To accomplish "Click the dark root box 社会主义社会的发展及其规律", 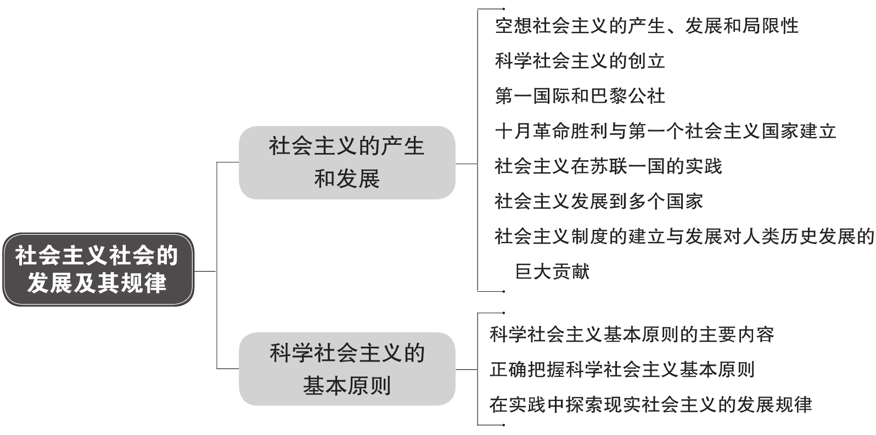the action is point(98,269).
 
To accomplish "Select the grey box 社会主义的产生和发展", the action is point(347,162).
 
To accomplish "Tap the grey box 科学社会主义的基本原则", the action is point(347,369).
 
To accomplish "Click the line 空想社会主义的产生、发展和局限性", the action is point(647,26).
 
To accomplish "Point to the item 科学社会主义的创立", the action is point(580,61).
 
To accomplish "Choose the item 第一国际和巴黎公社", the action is point(580,96).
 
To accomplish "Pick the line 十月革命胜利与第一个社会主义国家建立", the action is point(665,131).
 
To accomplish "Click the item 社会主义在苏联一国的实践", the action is point(608,166).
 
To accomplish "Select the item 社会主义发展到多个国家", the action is point(599,201).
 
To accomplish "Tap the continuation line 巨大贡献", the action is point(552,272).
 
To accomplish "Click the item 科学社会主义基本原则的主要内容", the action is point(632,335).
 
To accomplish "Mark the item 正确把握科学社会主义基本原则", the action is point(622,370).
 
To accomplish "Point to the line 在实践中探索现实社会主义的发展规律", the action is point(651,405).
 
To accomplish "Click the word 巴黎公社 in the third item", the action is point(627,96).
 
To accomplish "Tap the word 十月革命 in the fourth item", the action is point(532,131).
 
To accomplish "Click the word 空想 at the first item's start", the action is point(514,26).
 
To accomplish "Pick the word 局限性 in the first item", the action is point(771,26).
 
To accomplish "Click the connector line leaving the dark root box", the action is point(205,271).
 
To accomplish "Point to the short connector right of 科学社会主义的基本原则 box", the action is point(467,369).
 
